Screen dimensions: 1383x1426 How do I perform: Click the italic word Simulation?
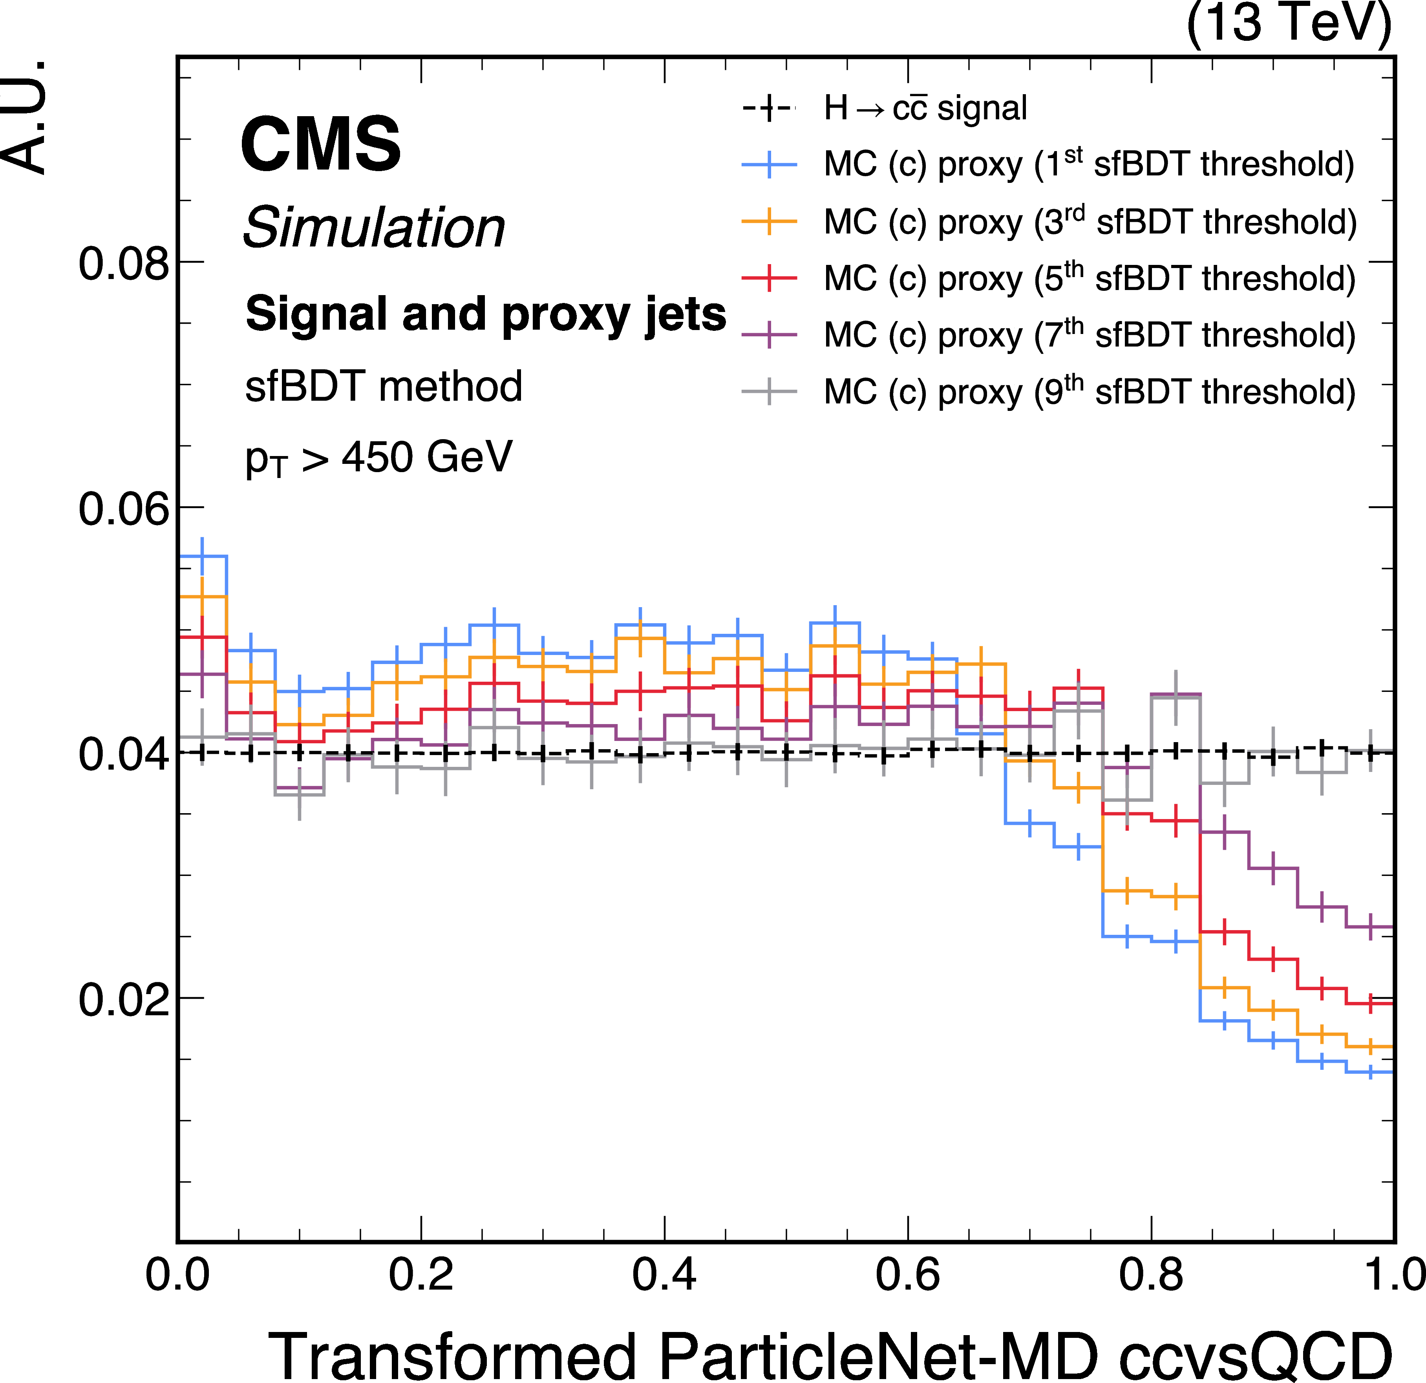point(374,228)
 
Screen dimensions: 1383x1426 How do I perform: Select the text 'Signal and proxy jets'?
point(485,314)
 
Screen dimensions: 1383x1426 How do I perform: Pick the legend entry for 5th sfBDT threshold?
point(1089,279)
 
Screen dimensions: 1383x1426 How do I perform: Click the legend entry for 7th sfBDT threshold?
point(1089,335)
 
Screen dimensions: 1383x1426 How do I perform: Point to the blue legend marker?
point(769,166)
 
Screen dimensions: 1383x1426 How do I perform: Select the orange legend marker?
point(769,222)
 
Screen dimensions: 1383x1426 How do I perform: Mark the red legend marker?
point(769,279)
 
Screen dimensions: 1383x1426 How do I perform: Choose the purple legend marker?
point(769,335)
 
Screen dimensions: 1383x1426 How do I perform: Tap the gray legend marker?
point(769,393)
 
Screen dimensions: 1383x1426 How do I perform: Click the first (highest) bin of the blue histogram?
point(203,556)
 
